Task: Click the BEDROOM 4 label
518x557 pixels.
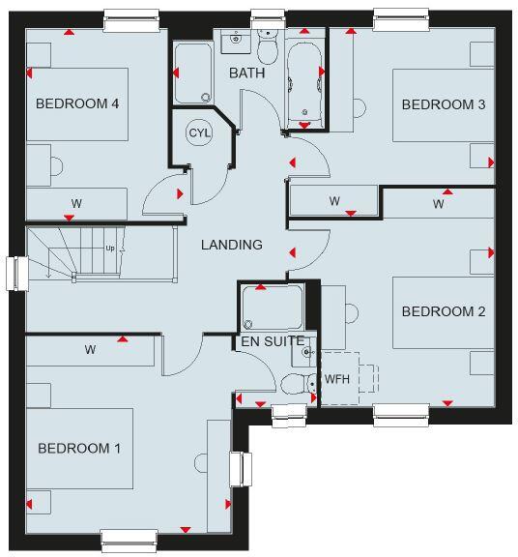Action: click(x=76, y=103)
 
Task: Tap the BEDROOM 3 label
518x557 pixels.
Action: click(x=444, y=104)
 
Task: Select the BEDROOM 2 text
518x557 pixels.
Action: click(x=443, y=311)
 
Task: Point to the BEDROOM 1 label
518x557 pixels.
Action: click(x=79, y=449)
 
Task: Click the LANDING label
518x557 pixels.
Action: click(x=232, y=245)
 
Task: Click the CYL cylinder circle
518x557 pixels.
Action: click(x=200, y=133)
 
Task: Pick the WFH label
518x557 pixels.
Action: click(x=337, y=378)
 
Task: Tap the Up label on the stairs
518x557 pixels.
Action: click(x=110, y=249)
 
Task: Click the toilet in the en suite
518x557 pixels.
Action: click(x=293, y=385)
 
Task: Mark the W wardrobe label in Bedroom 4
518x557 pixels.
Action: click(x=75, y=204)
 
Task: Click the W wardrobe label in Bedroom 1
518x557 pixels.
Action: click(x=90, y=349)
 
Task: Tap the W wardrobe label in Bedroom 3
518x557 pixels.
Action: click(x=334, y=201)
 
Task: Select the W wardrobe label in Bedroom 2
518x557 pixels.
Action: click(x=438, y=204)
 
